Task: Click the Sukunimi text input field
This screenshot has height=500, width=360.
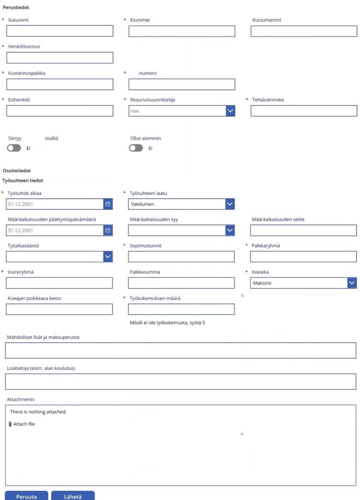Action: pyautogui.click(x=60, y=31)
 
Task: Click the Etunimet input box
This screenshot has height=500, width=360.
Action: pyautogui.click(x=182, y=31)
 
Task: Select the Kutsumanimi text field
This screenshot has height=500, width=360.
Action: pyautogui.click(x=304, y=31)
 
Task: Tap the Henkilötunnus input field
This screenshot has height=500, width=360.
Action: pyautogui.click(x=60, y=58)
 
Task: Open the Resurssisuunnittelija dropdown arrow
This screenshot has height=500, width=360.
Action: pyautogui.click(x=230, y=111)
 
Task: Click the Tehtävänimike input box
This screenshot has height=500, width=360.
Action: pyautogui.click(x=304, y=111)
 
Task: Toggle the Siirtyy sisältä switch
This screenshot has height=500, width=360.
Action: pyautogui.click(x=14, y=148)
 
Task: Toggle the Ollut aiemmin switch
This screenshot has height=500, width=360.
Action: pyautogui.click(x=136, y=148)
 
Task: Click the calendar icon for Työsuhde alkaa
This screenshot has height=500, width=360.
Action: pyautogui.click(x=108, y=204)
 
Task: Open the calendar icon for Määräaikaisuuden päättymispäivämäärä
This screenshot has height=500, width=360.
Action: pyautogui.click(x=108, y=230)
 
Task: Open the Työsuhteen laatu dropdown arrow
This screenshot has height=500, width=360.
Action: pyautogui.click(x=230, y=204)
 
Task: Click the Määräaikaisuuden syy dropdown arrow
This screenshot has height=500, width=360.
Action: pyautogui.click(x=230, y=230)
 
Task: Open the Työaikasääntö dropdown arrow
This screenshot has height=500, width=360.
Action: pyautogui.click(x=108, y=256)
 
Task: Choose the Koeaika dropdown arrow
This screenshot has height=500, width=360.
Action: pyautogui.click(x=352, y=283)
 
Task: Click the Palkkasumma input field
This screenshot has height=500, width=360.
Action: pyautogui.click(x=181, y=283)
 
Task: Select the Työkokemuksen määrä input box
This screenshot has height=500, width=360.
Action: pyautogui.click(x=181, y=309)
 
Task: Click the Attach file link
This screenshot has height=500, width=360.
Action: pyautogui.click(x=22, y=424)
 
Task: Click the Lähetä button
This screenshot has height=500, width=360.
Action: pyautogui.click(x=73, y=496)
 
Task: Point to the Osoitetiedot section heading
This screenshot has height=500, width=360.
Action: pyautogui.click(x=17, y=171)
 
